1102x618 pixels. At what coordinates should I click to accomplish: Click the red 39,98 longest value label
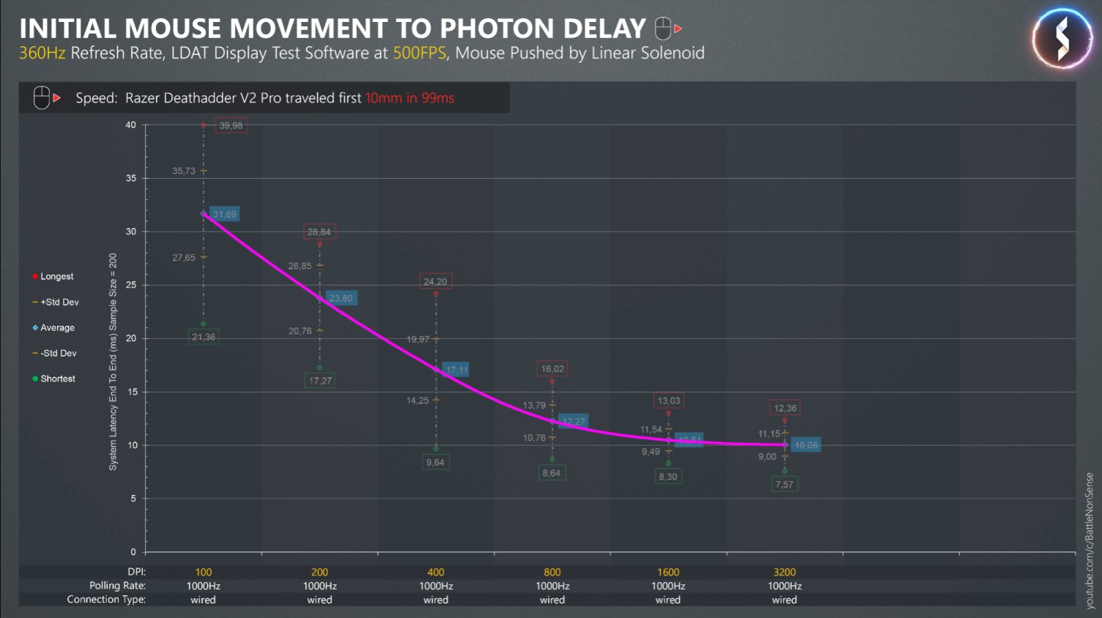point(231,126)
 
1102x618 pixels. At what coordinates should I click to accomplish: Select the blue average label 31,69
point(224,215)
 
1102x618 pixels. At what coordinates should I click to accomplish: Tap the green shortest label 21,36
point(204,337)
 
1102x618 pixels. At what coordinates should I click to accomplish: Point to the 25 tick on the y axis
point(131,285)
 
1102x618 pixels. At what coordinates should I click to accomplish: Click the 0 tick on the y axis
point(133,552)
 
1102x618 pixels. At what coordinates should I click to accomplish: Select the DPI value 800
point(552,572)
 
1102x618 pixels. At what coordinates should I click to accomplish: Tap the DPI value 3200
point(785,572)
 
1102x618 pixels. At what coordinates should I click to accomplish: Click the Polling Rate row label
point(117,586)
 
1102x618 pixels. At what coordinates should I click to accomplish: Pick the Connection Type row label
point(106,600)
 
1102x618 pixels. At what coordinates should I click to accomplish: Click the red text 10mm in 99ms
point(410,98)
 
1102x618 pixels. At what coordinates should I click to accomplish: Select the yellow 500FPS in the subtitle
point(419,53)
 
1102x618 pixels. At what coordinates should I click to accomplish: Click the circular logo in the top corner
point(1062,39)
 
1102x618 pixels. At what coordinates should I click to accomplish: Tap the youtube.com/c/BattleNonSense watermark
point(1090,540)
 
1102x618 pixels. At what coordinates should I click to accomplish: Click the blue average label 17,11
point(456,371)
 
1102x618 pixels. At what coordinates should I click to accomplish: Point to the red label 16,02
point(552,369)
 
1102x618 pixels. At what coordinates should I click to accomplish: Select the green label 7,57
point(784,485)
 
